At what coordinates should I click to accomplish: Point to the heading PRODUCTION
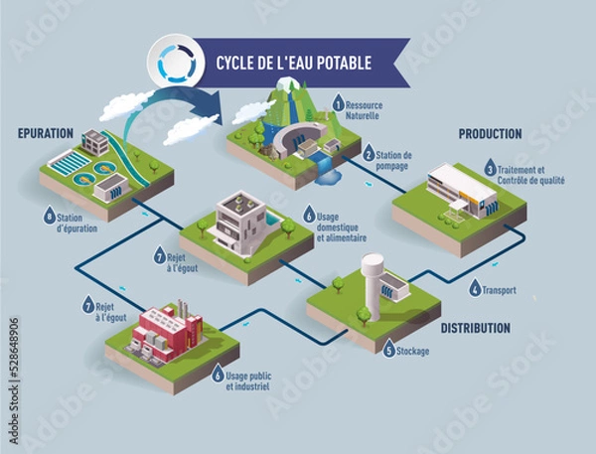click(491, 134)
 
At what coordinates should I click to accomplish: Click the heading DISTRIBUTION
click(476, 328)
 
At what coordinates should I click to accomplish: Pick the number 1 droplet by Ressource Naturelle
click(338, 102)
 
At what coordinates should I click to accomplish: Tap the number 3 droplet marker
click(490, 169)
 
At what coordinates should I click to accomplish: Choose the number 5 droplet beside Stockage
click(389, 351)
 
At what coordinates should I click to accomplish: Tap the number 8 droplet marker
click(49, 215)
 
